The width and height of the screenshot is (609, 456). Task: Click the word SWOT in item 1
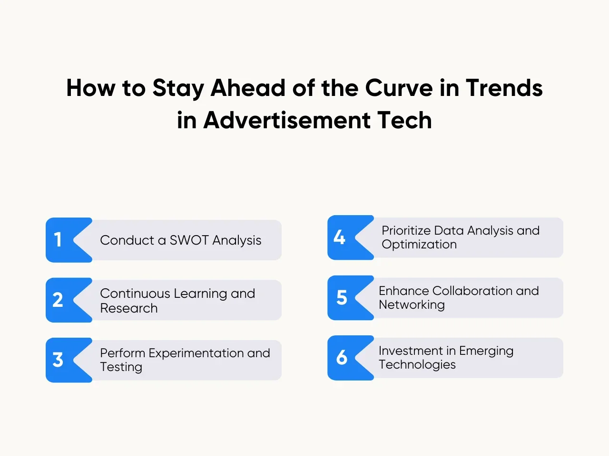coord(189,240)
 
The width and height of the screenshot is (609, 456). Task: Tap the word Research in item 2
coord(129,308)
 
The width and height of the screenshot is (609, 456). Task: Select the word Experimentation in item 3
coord(196,353)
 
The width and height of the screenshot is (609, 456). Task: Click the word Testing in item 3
coord(121,367)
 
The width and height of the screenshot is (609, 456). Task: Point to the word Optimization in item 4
coord(419,245)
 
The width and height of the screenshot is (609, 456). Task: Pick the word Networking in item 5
coord(412,305)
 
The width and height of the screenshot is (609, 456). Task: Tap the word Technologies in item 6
coord(417,365)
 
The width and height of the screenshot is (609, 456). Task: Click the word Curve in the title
coord(399,88)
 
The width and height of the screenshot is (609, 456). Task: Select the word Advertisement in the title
coord(287,120)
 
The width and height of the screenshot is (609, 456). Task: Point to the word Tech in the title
coord(404,120)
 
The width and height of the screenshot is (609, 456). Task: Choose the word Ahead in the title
coord(248,88)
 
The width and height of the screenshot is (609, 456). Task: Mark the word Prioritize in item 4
coord(406,231)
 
